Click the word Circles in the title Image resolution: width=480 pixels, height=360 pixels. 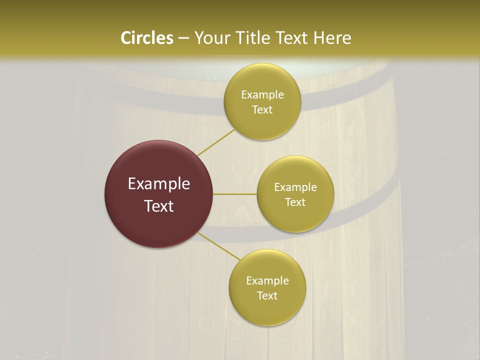147,38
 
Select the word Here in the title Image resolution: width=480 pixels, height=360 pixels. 332,38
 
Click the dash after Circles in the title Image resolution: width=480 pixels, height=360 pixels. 183,38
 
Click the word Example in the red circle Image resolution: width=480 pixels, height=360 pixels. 158,184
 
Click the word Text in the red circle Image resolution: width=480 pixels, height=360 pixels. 158,206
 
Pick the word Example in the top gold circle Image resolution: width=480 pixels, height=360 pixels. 262,94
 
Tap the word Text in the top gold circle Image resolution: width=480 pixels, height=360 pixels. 262,109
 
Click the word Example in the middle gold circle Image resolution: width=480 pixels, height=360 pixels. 295,187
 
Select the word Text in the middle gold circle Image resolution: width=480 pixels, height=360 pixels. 295,202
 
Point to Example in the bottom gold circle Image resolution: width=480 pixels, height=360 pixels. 267,280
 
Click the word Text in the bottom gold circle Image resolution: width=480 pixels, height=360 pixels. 267,295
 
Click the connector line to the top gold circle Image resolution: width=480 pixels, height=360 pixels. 215,142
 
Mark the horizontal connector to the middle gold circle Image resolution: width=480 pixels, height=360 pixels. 234,194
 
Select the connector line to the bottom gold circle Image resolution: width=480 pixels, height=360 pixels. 219,246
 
